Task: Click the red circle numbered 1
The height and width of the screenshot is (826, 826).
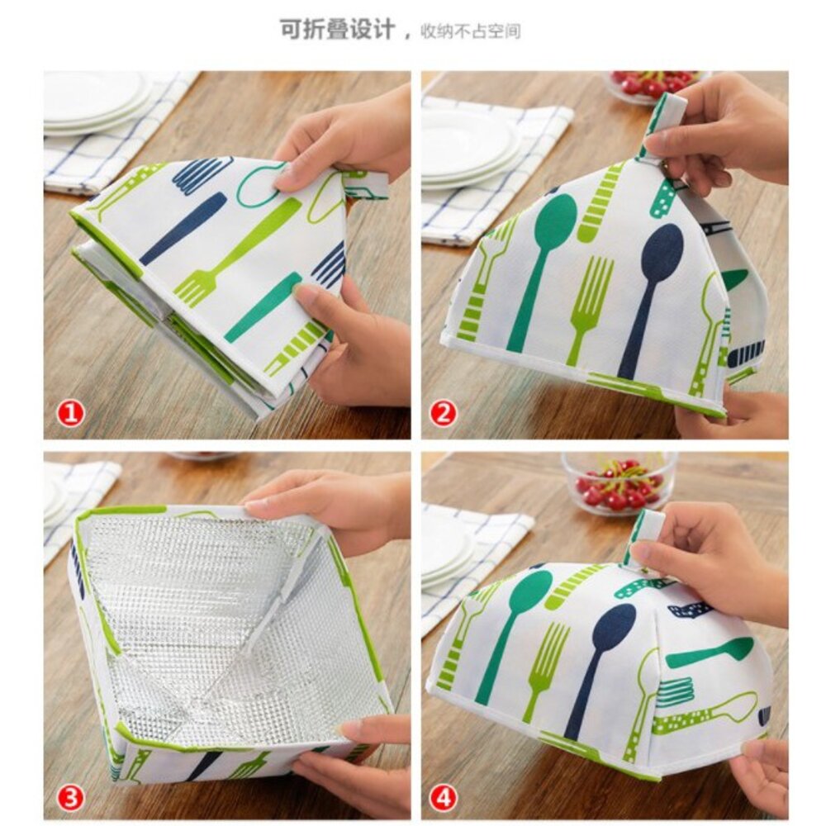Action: [x=71, y=414]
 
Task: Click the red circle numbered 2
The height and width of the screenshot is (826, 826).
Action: [x=444, y=414]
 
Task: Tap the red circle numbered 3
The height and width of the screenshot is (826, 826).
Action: [x=71, y=798]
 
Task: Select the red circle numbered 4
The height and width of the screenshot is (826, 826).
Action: [x=444, y=798]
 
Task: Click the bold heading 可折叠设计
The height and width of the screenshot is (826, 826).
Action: [x=337, y=30]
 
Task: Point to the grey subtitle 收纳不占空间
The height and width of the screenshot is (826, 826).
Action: [x=470, y=31]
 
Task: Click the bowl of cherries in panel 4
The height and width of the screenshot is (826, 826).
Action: [x=619, y=485]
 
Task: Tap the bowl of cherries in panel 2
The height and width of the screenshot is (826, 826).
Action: [x=657, y=85]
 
